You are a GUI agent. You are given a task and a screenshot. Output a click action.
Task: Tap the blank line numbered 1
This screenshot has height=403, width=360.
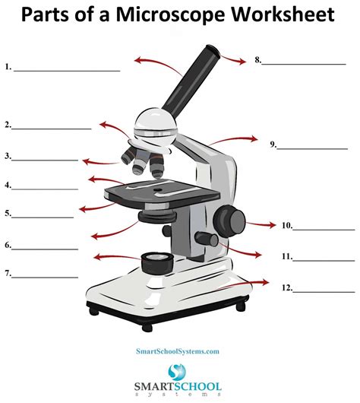[67, 70]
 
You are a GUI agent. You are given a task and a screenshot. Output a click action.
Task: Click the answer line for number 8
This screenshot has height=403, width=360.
[304, 63]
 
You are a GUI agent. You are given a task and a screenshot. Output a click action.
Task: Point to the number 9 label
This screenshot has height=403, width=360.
[273, 143]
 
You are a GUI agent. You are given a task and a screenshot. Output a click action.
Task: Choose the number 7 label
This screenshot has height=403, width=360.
[8, 273]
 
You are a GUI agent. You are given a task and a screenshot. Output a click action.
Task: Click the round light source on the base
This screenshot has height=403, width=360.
[156, 263]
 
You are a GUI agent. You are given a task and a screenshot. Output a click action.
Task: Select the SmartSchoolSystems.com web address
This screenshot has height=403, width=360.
[178, 351]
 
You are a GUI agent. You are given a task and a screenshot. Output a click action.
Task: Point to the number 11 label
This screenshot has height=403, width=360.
[286, 257]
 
